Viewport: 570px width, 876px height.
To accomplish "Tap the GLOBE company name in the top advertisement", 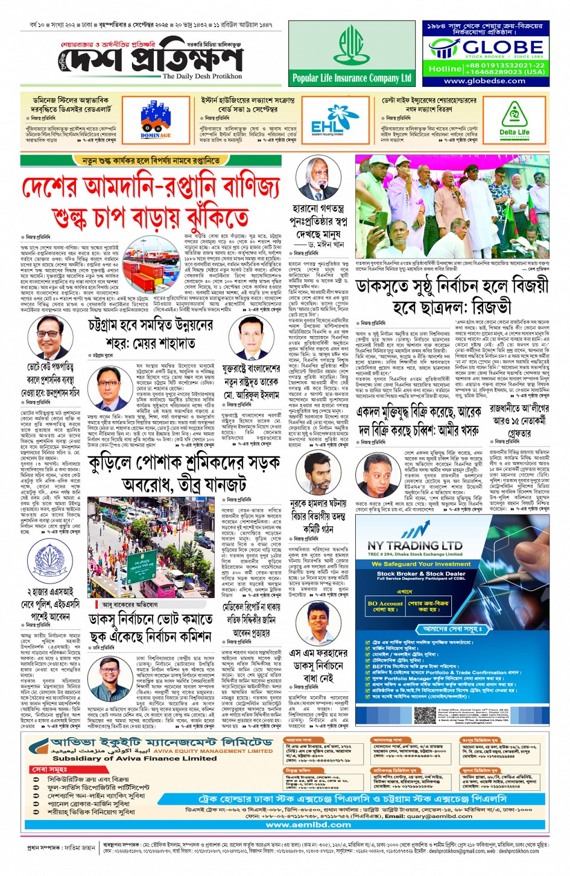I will pyautogui.click(x=502, y=47).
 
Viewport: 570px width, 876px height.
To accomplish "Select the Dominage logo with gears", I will pyautogui.click(x=156, y=118).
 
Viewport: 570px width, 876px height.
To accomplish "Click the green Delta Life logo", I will pyautogui.click(x=515, y=119).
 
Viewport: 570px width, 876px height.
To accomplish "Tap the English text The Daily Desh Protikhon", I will pyautogui.click(x=202, y=77).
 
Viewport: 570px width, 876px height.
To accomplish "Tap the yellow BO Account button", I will pyautogui.click(x=384, y=606).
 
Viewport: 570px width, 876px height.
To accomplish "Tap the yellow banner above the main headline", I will pyautogui.click(x=151, y=160).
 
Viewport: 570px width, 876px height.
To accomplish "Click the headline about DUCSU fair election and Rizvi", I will pyautogui.click(x=452, y=296).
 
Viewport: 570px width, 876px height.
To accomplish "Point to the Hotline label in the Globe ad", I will pyautogui.click(x=445, y=69).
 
